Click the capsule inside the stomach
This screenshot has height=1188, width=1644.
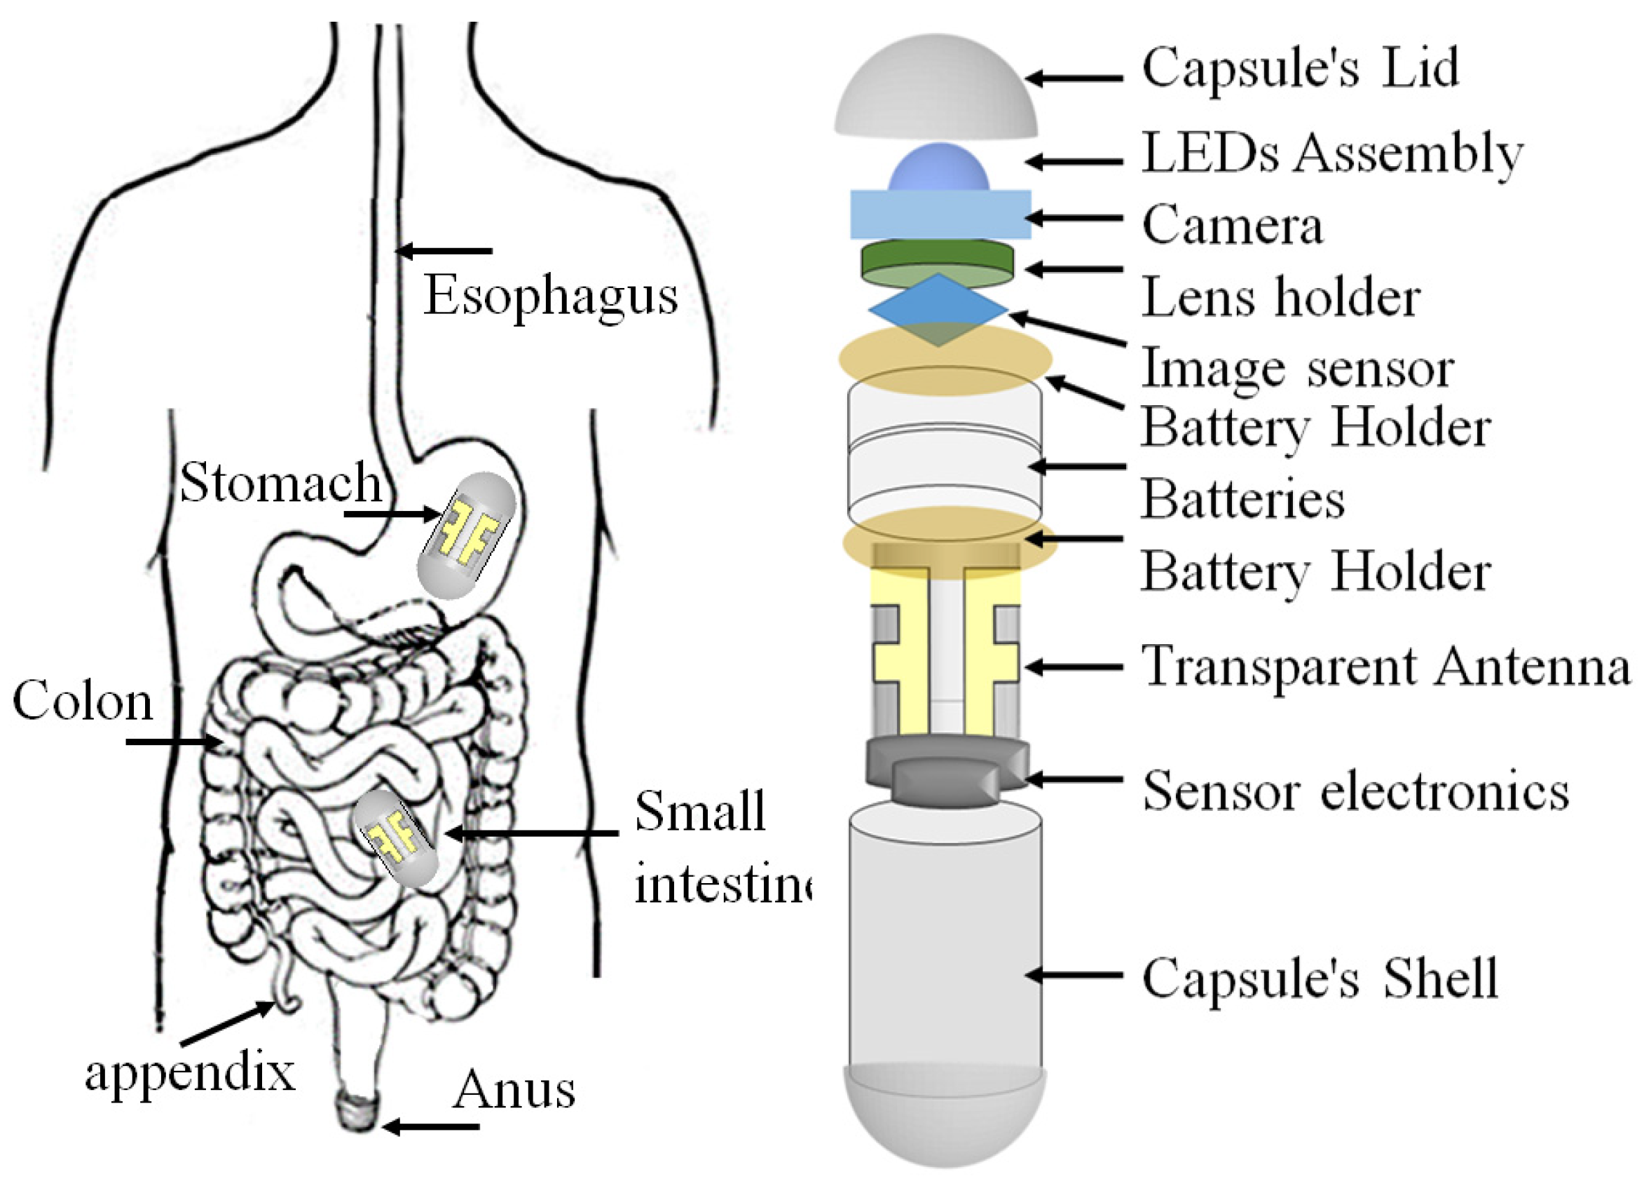coord(466,535)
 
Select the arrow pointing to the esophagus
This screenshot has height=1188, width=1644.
coord(444,251)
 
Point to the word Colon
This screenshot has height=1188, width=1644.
coord(83,702)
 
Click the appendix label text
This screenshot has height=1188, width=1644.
coord(190,1074)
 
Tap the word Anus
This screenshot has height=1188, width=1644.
coord(513,1089)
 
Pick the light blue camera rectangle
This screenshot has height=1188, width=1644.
coord(940,214)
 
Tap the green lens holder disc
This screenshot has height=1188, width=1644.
coord(937,262)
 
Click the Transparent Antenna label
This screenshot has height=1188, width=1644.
coord(1385,666)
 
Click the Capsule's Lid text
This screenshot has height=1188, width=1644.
coord(1300,67)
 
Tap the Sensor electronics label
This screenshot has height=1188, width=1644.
coord(1355,791)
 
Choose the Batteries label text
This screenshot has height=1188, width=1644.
coord(1242,500)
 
